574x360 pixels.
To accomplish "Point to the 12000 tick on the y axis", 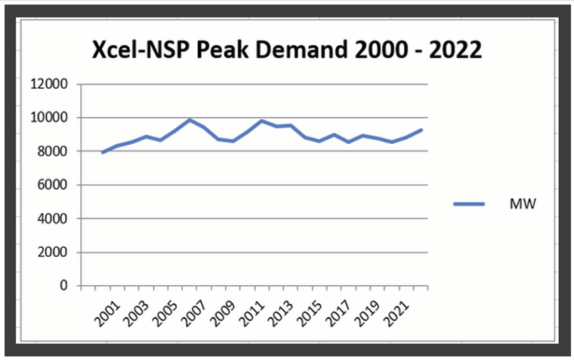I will coord(49,84).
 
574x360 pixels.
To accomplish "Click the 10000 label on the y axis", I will coord(49,118).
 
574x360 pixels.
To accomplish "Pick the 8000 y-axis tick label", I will coord(53,152).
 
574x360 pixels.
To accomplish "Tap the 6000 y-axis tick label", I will coord(53,185).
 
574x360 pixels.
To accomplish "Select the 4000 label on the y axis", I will coord(53,219).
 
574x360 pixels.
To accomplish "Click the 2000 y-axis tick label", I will coord(53,252).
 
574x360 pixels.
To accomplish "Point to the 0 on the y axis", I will coord(64,286).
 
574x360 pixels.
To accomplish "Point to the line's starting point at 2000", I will coord(102,152).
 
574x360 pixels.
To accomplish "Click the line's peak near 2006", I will coord(190,120).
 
